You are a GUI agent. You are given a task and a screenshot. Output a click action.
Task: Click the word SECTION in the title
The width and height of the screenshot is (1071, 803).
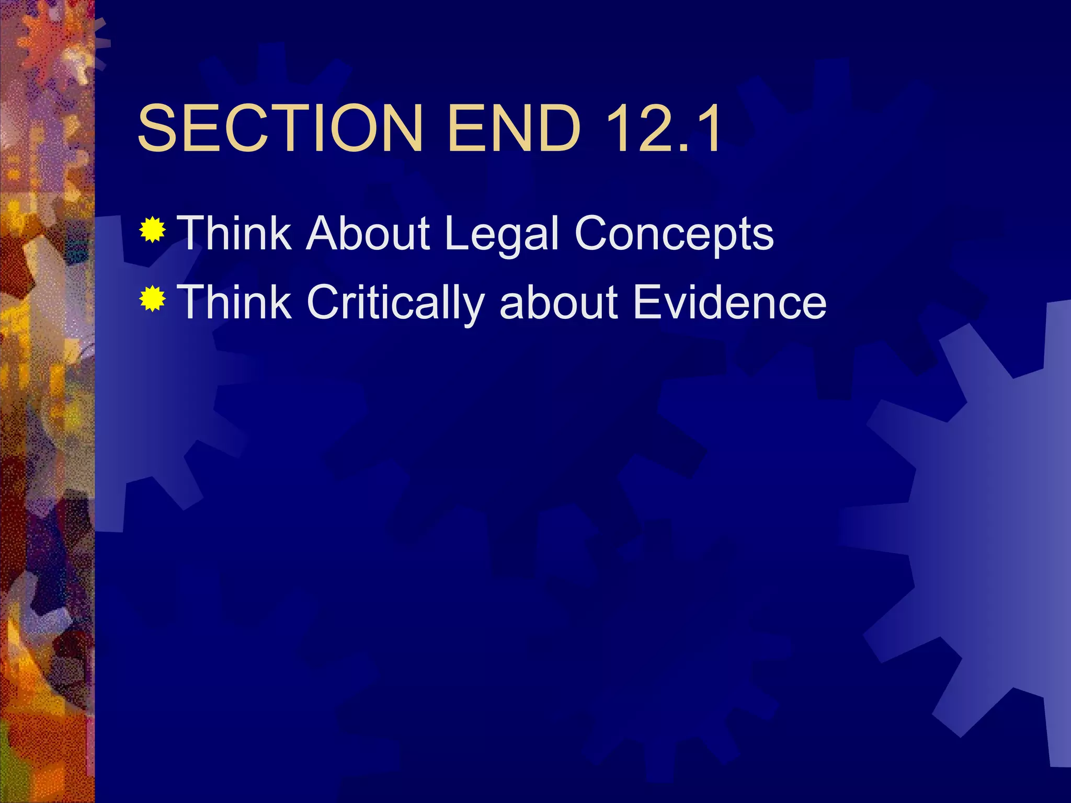point(280,128)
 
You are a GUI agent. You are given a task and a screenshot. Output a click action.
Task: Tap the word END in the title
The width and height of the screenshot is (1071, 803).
point(514,128)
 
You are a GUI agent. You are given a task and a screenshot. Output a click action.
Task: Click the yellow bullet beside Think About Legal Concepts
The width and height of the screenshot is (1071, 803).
point(153,230)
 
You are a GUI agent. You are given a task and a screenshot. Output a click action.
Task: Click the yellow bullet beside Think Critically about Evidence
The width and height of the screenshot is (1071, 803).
point(153,299)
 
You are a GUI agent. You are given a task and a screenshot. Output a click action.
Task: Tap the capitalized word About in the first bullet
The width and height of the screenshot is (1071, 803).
point(368,233)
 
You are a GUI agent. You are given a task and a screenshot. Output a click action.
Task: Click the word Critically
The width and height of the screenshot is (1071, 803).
point(395,303)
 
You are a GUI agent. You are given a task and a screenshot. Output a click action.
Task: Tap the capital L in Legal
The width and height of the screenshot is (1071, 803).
point(456,233)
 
